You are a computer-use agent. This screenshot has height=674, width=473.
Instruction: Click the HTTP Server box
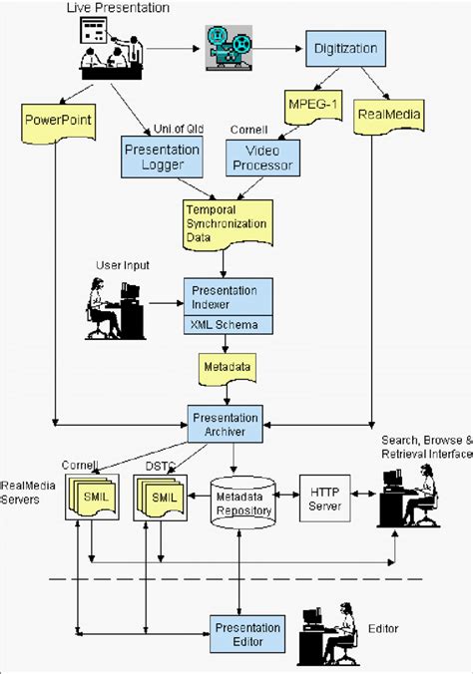[x=325, y=500]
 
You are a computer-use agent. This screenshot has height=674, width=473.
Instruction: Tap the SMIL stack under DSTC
[x=162, y=496]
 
